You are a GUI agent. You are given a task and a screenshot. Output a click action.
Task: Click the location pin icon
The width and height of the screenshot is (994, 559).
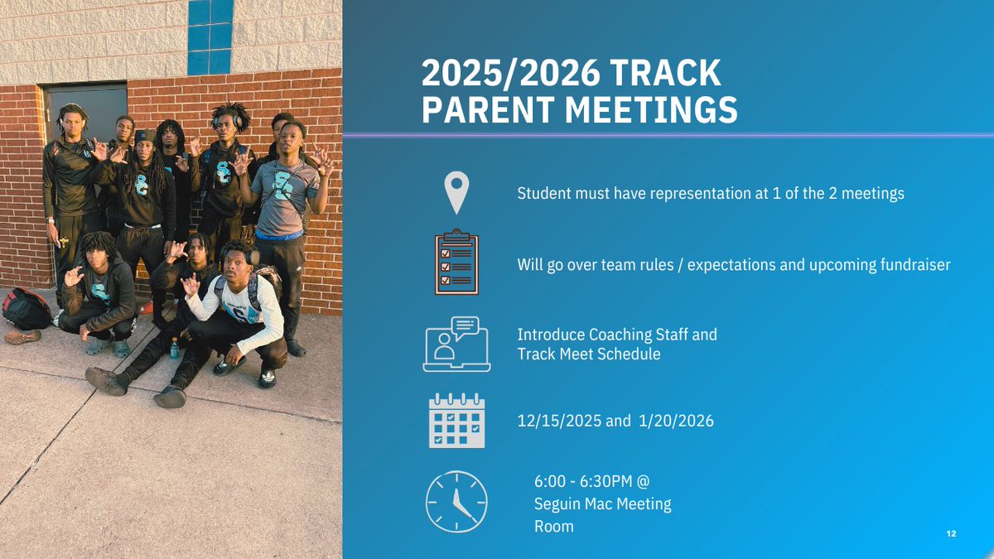point(456,193)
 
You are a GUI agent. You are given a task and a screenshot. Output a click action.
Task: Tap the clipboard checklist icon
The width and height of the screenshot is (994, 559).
point(456,264)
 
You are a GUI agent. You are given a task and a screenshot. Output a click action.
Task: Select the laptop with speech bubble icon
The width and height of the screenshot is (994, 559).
point(456,344)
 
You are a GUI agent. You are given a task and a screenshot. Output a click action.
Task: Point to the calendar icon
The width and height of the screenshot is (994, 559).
point(456,421)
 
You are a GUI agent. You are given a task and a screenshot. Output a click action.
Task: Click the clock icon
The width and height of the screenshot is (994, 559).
point(456,500)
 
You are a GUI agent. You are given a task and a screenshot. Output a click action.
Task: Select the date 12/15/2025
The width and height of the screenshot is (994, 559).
point(560,422)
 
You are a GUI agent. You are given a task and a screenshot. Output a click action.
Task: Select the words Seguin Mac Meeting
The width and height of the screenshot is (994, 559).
point(603,504)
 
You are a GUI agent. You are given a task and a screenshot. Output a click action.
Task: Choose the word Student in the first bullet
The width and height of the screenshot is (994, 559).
point(544,194)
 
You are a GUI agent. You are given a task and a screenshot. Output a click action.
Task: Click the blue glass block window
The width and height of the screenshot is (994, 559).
point(210,36)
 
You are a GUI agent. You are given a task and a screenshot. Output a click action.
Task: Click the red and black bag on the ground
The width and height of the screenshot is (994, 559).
point(27,309)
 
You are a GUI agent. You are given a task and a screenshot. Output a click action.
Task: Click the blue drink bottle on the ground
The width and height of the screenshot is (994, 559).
point(175,348)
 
